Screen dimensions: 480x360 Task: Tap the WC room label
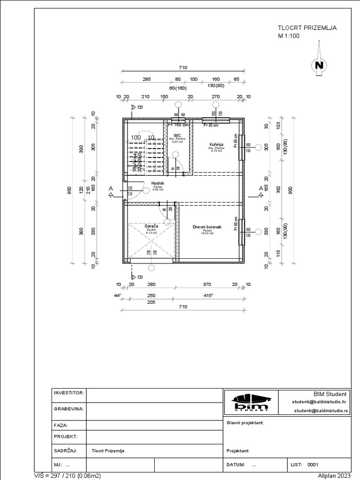[x=177, y=135]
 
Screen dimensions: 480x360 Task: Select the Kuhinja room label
[x=216, y=145]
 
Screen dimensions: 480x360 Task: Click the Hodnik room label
[x=157, y=184]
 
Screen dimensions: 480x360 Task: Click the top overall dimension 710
[x=183, y=67]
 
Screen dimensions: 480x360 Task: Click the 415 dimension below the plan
[x=209, y=296]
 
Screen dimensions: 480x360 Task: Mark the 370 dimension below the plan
[x=207, y=285]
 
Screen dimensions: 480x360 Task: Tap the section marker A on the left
[x=111, y=189]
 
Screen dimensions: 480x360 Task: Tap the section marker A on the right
[x=261, y=189]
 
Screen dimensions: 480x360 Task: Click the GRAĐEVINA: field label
[x=68, y=408]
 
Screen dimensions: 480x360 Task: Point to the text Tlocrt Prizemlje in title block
[x=108, y=451]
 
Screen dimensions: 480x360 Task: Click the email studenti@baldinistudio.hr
[x=319, y=402]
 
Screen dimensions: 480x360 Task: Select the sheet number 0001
[x=313, y=465]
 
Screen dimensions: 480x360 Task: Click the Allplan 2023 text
[x=334, y=475]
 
